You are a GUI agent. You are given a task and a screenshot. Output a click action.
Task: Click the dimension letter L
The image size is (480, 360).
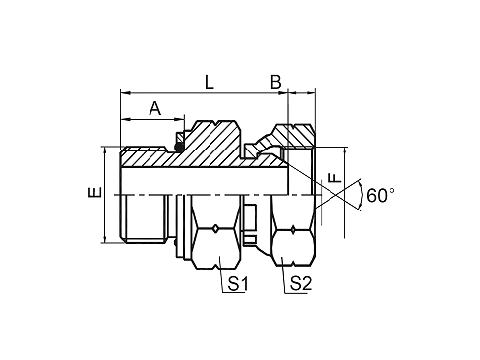tap(210, 82)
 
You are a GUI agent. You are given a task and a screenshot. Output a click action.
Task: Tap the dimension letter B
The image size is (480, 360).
tap(276, 82)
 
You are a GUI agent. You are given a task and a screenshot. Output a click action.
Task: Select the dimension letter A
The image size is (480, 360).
tap(155, 108)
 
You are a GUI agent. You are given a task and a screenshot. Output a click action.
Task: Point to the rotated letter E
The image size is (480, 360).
tap(94, 192)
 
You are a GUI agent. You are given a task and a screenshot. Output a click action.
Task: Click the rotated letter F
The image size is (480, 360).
tap(334, 177)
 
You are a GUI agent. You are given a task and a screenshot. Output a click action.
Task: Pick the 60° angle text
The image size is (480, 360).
tap(381, 195)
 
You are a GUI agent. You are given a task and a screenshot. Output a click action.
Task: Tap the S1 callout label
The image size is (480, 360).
tap(238, 284)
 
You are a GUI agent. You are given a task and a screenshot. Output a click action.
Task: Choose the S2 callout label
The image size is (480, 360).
tap(301, 284)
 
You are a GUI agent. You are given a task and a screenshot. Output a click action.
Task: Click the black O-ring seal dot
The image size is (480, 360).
tap(179, 148)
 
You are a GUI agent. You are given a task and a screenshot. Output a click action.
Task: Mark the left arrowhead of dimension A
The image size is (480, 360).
tap(124, 119)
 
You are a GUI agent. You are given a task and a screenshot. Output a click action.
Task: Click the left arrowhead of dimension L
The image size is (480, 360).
tap(124, 93)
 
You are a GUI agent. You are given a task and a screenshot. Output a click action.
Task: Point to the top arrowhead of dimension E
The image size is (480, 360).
tap(105, 150)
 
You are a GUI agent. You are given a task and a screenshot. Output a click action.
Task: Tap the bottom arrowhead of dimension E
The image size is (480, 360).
tap(105, 240)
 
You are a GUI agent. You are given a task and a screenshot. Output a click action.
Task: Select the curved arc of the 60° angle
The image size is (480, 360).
tap(362, 195)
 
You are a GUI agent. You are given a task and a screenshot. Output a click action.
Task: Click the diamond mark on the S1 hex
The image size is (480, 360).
tap(215, 229)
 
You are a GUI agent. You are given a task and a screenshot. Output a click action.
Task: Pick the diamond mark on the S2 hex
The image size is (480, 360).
tap(293, 230)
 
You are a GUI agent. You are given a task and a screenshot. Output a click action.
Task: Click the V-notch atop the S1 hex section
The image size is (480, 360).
tap(215, 124)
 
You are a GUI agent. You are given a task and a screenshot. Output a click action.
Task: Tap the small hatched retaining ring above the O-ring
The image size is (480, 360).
tap(180, 137)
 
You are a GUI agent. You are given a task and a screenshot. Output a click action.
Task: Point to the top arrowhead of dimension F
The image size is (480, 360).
tap(345, 151)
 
